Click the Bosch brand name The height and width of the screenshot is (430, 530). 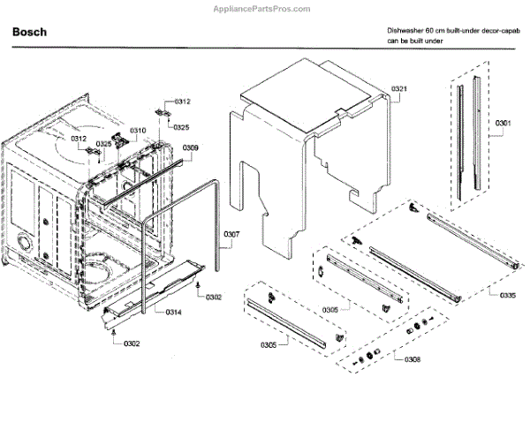29,32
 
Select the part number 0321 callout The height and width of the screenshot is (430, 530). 400,89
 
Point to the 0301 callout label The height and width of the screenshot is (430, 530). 503,122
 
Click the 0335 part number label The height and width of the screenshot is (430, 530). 508,295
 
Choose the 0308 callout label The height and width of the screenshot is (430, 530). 412,359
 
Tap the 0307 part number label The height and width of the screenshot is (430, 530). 231,234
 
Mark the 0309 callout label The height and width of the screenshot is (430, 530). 191,147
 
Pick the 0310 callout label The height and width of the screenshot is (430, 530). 138,131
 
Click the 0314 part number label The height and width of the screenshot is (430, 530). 172,312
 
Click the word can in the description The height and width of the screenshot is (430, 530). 393,41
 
